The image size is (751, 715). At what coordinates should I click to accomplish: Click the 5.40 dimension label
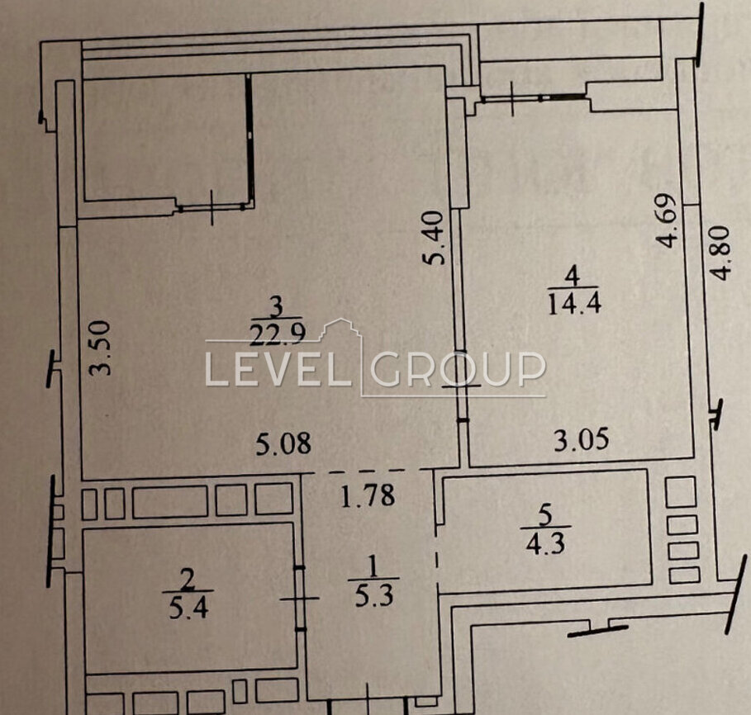point(434,238)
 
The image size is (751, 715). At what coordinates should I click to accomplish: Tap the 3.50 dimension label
point(102,348)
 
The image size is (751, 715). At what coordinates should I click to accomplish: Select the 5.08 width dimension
point(283,443)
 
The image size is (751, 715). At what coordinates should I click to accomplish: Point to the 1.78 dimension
point(368,495)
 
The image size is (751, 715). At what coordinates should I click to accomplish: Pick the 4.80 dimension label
point(720,253)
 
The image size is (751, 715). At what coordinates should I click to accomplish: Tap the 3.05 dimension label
point(582,440)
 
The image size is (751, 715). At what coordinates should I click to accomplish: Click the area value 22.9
point(278,333)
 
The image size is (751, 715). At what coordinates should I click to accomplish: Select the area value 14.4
point(574,303)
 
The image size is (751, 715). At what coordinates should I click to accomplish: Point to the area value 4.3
point(545,543)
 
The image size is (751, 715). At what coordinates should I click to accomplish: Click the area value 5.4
point(188,608)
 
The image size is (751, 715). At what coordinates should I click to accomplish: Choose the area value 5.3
point(374,596)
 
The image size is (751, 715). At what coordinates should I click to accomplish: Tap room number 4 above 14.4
point(573,276)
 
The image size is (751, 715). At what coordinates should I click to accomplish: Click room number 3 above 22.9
point(277,306)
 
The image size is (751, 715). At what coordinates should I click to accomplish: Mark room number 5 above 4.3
point(545,516)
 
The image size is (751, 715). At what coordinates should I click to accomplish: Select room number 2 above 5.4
point(188,580)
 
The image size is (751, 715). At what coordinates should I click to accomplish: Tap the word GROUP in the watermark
point(459,369)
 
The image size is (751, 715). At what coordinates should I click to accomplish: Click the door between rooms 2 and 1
point(300,598)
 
